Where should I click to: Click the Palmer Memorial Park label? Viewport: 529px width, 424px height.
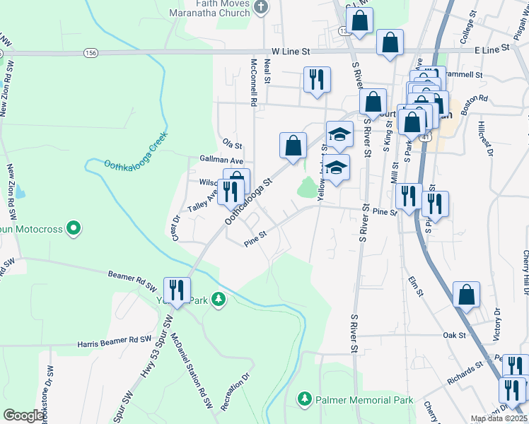(x=364, y=400)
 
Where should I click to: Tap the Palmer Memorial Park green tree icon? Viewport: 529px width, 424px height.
(x=305, y=399)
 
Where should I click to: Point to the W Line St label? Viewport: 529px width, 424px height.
(x=291, y=52)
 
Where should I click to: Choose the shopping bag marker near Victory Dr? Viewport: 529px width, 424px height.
(x=466, y=295)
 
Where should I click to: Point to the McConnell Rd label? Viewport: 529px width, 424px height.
(x=252, y=81)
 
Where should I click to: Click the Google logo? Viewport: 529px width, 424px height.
(x=24, y=416)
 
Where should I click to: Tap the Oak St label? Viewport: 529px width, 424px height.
(x=452, y=335)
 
